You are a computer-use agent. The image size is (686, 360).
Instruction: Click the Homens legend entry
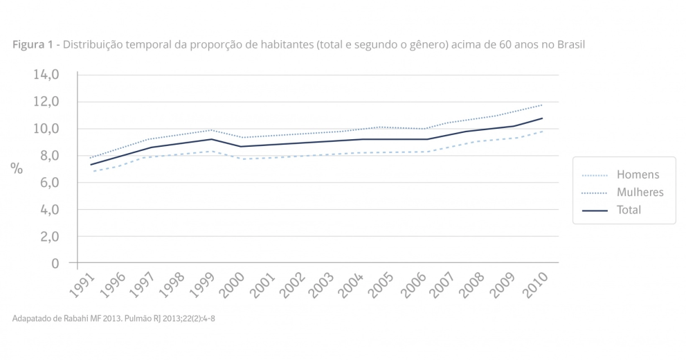pos(638,175)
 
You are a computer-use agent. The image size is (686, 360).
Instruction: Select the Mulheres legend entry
pos(640,192)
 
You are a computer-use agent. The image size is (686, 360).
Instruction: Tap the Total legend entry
pos(629,210)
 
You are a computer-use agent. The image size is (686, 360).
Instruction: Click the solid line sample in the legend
pos(595,210)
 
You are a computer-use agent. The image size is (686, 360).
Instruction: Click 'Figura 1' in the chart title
pos(33,45)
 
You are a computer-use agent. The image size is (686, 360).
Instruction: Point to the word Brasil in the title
pos(569,45)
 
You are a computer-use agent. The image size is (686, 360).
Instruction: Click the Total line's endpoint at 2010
pos(542,118)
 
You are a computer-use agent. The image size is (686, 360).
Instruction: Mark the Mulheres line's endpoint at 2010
pos(542,105)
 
